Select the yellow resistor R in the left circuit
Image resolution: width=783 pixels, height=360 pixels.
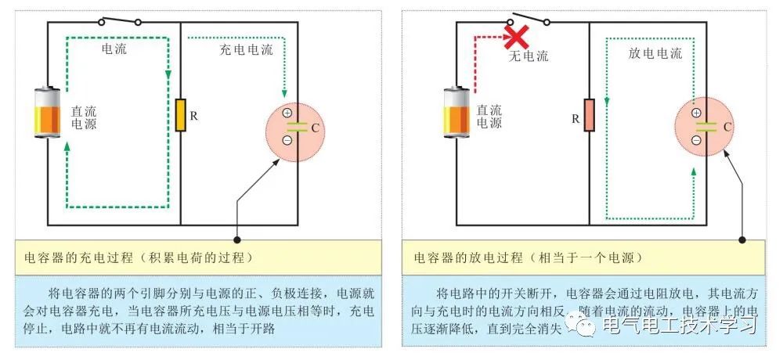point(180,115)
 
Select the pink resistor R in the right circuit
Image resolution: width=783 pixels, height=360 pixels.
point(589,115)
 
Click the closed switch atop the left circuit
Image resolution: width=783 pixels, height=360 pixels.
point(121,20)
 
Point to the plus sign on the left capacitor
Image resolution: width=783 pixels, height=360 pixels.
point(287,112)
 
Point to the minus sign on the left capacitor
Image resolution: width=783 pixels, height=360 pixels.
point(287,140)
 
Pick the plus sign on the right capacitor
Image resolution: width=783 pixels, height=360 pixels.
point(696,113)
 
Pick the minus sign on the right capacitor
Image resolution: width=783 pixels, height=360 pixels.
point(696,141)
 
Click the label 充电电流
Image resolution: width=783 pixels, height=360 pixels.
point(246,50)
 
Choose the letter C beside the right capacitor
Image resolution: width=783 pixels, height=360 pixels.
point(727,127)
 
